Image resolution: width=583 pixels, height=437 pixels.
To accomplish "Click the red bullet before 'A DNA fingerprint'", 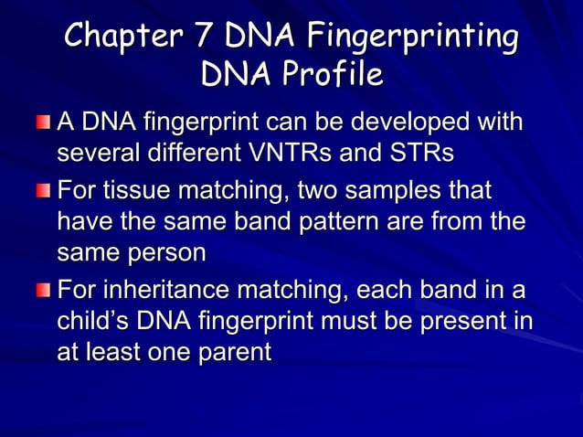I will pyautogui.click(x=45, y=122).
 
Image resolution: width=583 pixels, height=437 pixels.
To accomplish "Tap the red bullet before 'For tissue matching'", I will pyautogui.click(x=45, y=191).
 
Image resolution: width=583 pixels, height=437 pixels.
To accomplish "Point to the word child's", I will pyautogui.click(x=94, y=322).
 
